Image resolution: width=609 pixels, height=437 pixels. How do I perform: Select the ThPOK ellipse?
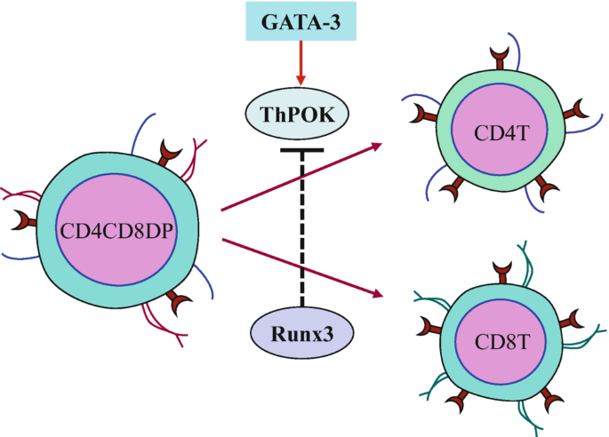(301, 114)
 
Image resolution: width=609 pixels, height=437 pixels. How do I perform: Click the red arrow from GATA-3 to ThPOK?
(300, 68)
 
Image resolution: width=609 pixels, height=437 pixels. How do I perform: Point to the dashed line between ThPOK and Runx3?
(301, 231)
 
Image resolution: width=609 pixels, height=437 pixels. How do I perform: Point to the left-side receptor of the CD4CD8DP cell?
(24, 218)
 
